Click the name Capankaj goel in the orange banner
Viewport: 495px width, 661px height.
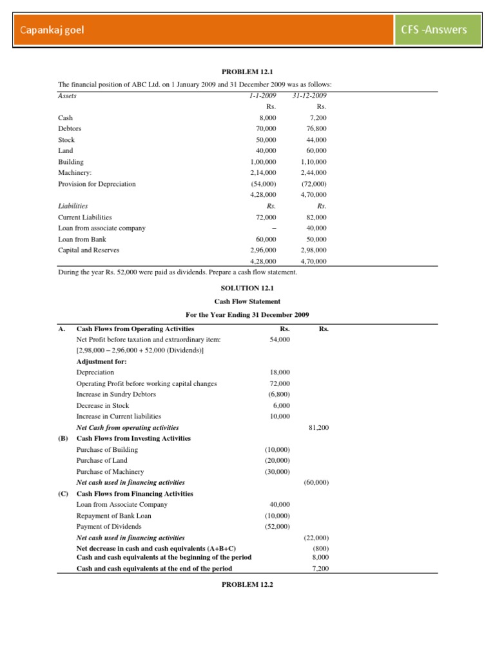[52, 30]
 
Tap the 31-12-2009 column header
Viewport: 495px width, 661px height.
[313, 96]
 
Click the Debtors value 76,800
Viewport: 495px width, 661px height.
[316, 128]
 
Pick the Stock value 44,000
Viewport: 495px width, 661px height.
[316, 139]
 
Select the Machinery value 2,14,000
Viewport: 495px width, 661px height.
[263, 172]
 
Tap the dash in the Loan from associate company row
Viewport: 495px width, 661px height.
[274, 228]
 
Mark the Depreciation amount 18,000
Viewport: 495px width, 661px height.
[280, 372]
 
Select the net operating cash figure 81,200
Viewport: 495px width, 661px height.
[319, 427]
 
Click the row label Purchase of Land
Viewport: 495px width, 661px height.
[102, 460]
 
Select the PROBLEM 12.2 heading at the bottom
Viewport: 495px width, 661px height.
[247, 584]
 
